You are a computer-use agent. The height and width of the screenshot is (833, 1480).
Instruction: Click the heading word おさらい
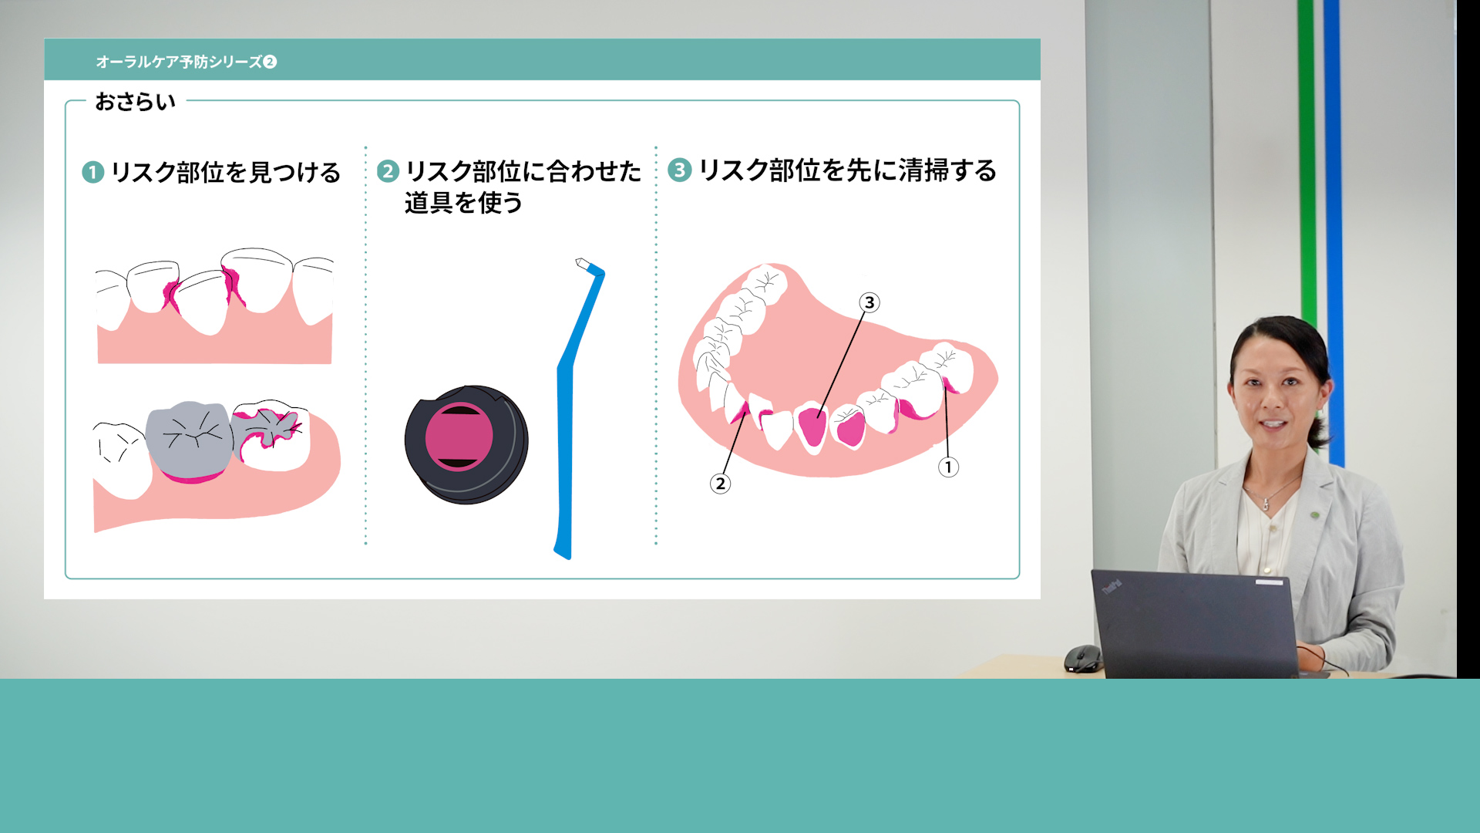point(136,102)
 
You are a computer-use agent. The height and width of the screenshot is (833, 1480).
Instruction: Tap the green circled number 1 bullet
point(92,172)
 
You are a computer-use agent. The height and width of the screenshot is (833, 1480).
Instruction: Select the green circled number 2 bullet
point(388,170)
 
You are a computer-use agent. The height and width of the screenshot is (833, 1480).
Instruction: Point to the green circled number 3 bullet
point(679,170)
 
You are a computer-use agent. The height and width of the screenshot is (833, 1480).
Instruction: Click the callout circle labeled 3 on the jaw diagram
point(869,302)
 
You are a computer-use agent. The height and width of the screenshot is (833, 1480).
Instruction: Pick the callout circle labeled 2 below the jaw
point(720,484)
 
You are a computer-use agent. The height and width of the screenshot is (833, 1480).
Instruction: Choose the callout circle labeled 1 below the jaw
point(948,467)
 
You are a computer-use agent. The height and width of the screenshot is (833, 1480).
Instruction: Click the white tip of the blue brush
point(583,264)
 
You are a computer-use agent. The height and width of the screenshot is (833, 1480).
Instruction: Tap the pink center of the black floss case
point(459,436)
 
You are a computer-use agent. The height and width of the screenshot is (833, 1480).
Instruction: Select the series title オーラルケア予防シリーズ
point(179,62)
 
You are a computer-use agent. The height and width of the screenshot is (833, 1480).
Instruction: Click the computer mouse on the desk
point(1083,659)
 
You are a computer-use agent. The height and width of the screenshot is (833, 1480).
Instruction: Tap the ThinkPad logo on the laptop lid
point(1112,588)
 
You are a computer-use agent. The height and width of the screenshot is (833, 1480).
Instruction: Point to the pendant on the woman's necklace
point(1266,504)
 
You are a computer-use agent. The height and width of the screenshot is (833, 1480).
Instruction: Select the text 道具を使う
point(463,203)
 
